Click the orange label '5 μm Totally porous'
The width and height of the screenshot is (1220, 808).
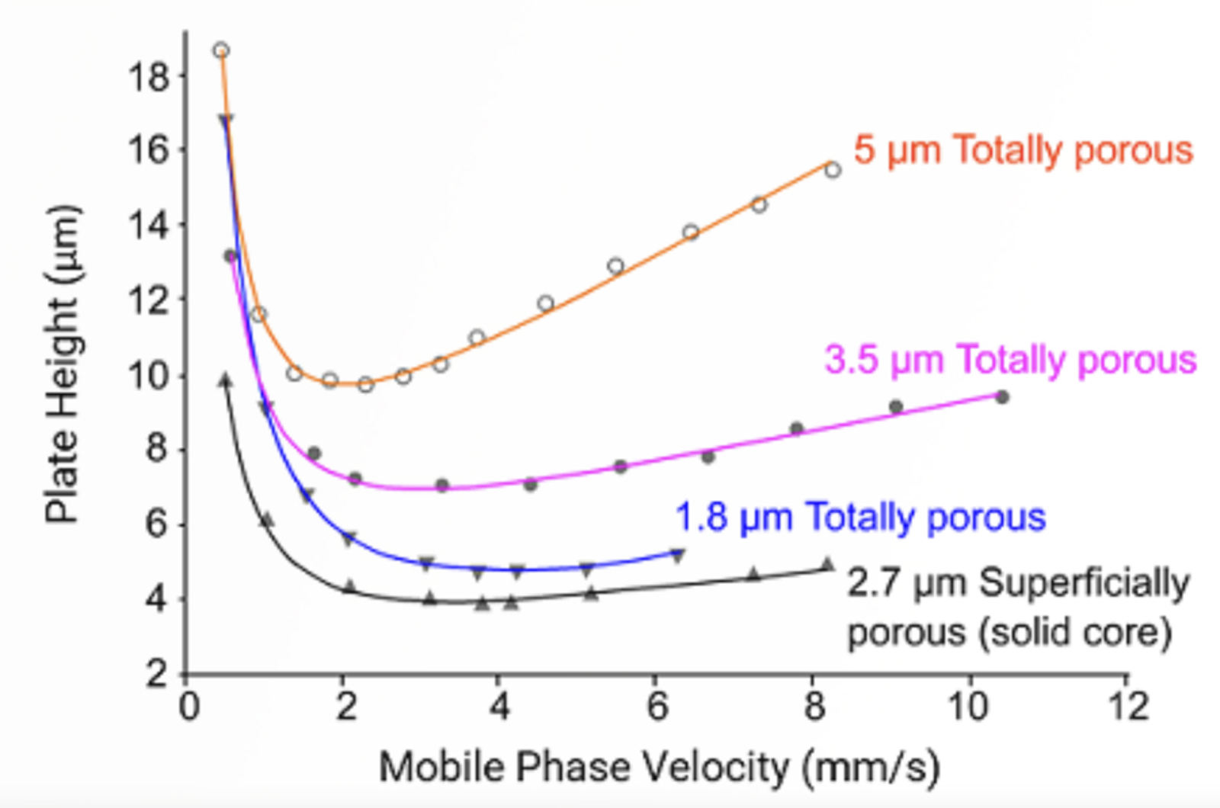1023,150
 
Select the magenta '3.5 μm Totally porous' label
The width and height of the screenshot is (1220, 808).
1010,360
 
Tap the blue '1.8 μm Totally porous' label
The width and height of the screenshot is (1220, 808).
860,518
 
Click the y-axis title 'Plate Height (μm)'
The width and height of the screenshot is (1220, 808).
63,364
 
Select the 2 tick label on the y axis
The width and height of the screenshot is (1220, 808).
157,674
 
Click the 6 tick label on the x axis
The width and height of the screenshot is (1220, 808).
657,707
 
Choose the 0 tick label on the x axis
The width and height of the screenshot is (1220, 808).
188,707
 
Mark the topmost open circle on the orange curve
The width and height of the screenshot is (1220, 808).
221,51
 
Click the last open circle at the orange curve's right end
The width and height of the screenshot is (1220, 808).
833,169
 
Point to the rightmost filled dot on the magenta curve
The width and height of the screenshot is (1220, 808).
1003,397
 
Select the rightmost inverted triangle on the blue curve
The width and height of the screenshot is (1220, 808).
678,556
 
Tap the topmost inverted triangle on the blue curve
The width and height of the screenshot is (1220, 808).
226,120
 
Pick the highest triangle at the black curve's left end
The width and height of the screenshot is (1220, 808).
225,380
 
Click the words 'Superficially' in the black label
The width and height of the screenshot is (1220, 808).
1084,584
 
